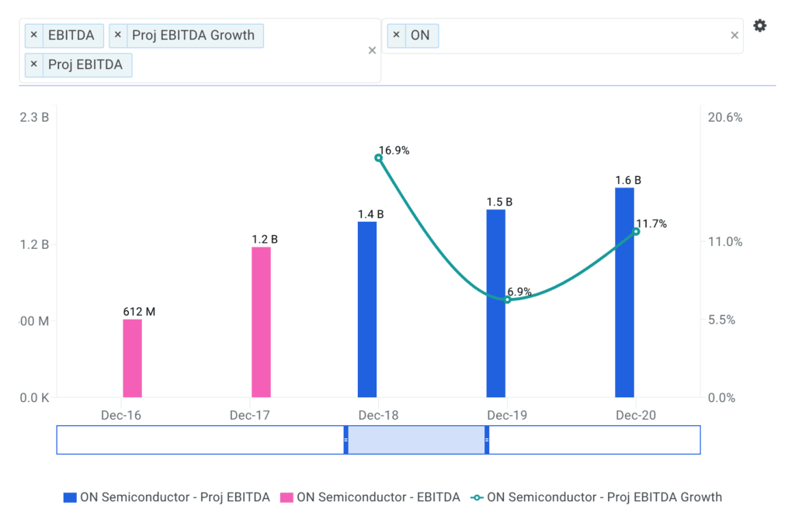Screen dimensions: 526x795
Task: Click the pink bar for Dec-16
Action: click(133, 358)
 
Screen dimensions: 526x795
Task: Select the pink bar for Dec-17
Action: click(262, 322)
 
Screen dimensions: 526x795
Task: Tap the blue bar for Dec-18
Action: click(367, 310)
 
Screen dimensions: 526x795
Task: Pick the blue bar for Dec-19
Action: click(496, 303)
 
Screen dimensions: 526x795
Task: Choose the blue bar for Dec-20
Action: click(625, 292)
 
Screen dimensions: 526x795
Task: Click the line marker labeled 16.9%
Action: click(379, 157)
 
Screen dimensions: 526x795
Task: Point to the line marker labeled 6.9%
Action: click(507, 299)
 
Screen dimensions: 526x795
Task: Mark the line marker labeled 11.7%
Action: click(636, 231)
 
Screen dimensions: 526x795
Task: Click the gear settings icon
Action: click(760, 26)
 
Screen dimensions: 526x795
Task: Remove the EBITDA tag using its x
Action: click(33, 35)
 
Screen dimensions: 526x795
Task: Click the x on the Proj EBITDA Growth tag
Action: click(117, 35)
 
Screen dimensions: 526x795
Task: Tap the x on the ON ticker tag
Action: click(396, 35)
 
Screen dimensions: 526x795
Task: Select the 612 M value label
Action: click(139, 312)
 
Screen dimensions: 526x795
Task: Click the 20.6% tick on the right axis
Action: click(726, 117)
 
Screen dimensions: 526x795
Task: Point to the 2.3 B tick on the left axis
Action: click(34, 117)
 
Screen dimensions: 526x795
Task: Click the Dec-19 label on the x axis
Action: click(507, 416)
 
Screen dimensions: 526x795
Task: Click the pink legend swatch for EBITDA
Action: click(286, 497)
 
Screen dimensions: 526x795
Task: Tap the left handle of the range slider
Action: click(346, 440)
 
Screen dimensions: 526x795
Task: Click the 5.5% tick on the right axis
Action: click(726, 320)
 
